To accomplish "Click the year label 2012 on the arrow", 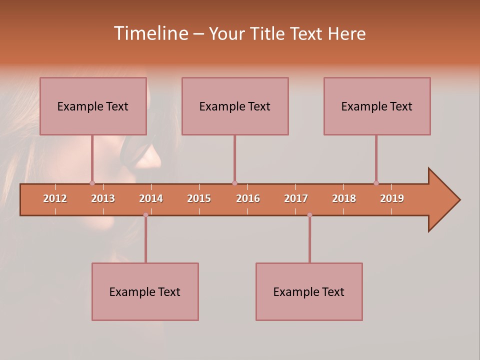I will [x=55, y=198].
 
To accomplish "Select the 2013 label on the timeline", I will [x=103, y=198].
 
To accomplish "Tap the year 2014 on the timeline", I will [x=151, y=198].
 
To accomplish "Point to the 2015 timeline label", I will [x=199, y=198].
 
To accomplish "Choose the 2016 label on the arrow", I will [x=248, y=198].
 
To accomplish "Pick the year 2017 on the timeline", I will [x=296, y=198].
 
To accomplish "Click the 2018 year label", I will [x=344, y=198].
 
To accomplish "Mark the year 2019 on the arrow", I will [x=392, y=198].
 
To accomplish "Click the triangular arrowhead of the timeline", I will [x=442, y=200].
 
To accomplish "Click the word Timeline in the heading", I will [x=150, y=33].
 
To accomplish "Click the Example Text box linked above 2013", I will [x=93, y=106].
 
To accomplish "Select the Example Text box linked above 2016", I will [x=235, y=106].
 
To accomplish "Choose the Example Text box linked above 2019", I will [x=377, y=106].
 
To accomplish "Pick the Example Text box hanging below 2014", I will [x=145, y=291].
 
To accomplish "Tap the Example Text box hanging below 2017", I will [x=309, y=291].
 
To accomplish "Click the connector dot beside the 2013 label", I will [x=92, y=183].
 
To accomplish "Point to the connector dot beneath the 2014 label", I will [x=145, y=215].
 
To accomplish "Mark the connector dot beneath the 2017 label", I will [x=309, y=215].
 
